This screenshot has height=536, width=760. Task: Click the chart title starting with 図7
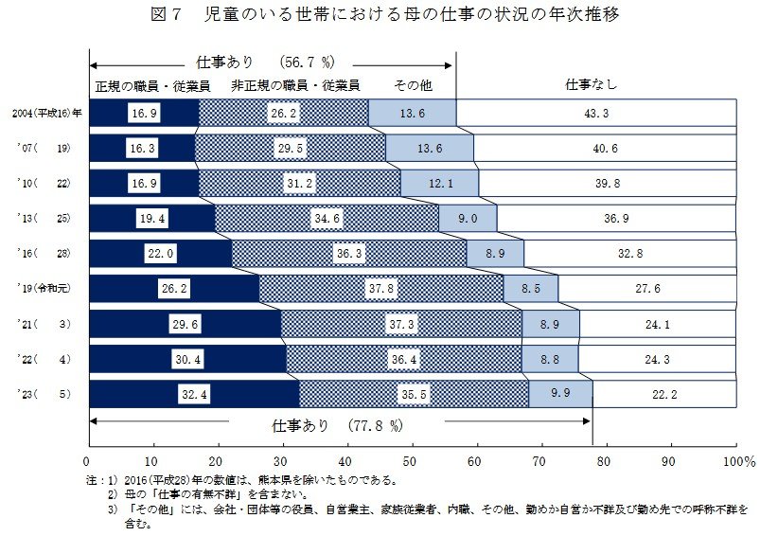(380, 16)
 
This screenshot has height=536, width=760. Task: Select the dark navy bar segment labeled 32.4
(193, 393)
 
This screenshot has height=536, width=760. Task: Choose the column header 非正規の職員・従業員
(295, 85)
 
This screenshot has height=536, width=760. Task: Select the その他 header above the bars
(413, 85)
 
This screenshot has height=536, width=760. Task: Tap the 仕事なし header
(592, 85)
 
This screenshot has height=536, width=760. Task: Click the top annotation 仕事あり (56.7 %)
(266, 62)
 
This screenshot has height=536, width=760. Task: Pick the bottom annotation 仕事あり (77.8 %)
(327, 425)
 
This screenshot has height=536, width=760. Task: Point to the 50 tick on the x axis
(411, 462)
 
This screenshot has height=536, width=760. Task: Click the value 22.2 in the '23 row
(664, 393)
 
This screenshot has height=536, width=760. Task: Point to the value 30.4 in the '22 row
(187, 358)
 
